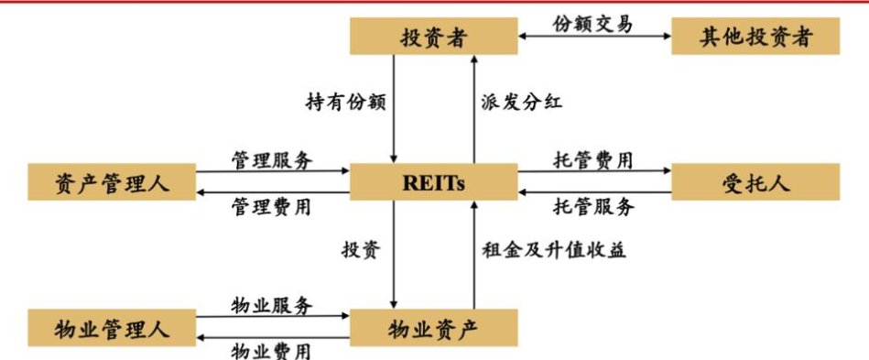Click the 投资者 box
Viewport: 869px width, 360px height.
pyautogui.click(x=434, y=38)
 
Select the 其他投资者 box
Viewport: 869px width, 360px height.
pyautogui.click(x=755, y=38)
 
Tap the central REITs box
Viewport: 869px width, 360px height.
pyautogui.click(x=434, y=182)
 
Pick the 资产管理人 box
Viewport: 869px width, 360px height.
pyautogui.click(x=112, y=182)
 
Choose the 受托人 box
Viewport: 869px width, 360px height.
pyautogui.click(x=755, y=182)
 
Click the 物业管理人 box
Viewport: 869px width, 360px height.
pyautogui.click(x=112, y=326)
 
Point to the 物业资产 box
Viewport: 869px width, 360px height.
pyautogui.click(x=434, y=326)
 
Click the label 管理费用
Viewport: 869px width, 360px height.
pyautogui.click(x=271, y=207)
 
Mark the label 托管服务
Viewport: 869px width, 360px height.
pyautogui.click(x=594, y=207)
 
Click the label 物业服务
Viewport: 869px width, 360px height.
pyautogui.click(x=271, y=304)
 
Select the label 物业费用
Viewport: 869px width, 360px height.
pyautogui.click(x=271, y=351)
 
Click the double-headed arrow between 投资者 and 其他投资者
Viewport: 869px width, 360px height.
pyautogui.click(x=594, y=38)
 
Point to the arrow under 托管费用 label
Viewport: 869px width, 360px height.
pyautogui.click(x=594, y=171)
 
